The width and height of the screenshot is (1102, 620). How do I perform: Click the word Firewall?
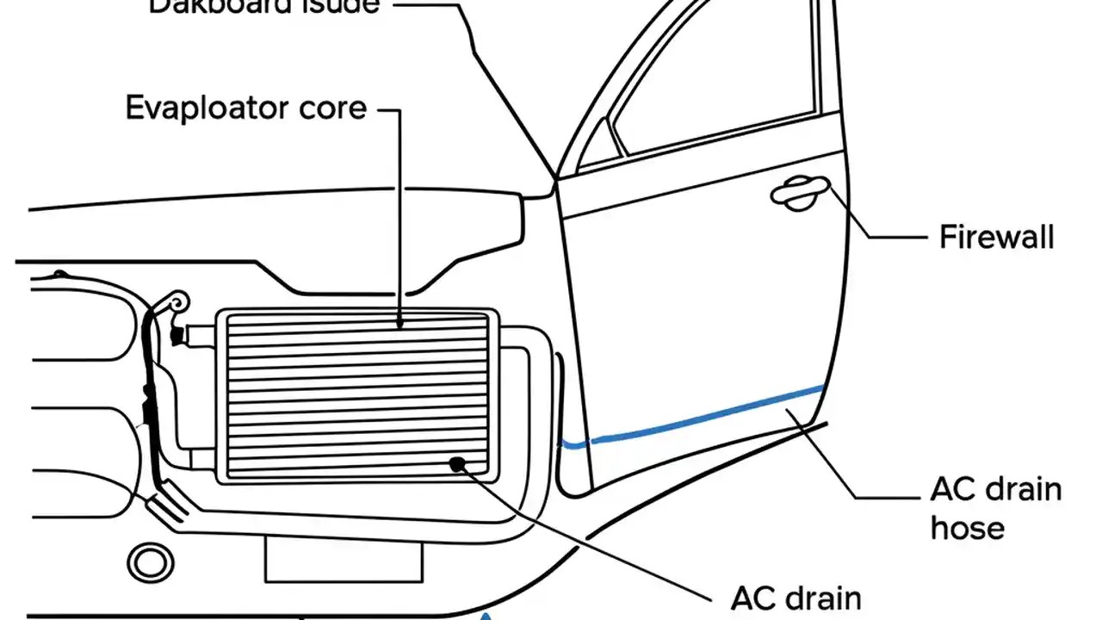(x=996, y=237)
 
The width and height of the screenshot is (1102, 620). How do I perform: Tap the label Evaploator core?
(x=245, y=108)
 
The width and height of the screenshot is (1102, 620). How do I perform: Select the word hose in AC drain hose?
(x=967, y=527)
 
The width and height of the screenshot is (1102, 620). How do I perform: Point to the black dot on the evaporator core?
(x=457, y=464)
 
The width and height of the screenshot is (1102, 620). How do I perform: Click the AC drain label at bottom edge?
(x=796, y=598)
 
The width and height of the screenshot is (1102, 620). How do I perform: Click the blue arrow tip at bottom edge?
(x=487, y=615)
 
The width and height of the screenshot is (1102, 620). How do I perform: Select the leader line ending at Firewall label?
(x=887, y=235)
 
